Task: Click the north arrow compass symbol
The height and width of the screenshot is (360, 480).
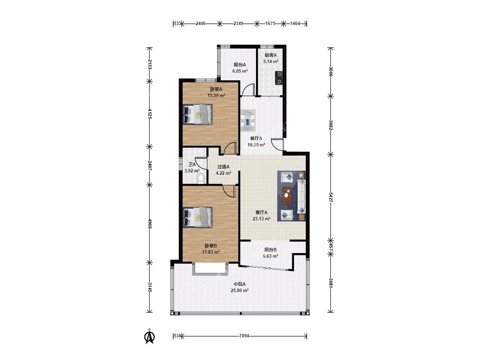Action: coord(150,336)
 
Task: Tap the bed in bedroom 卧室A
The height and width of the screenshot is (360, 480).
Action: coord(198,114)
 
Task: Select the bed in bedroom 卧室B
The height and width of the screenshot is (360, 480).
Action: coord(198,218)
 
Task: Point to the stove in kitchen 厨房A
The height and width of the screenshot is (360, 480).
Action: coord(279,78)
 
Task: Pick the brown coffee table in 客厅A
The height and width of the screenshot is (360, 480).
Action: coord(287,196)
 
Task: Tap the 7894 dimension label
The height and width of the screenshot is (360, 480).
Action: coord(244,336)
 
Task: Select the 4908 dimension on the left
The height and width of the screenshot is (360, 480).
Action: coord(149,224)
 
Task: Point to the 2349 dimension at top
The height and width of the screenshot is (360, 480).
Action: coord(238,23)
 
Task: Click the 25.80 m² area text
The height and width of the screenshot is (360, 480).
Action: coord(239,290)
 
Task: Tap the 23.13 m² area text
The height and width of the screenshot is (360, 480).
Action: coord(261,219)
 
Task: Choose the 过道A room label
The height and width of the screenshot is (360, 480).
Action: coord(224,167)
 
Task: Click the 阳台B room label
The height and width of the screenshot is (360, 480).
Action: coord(271,250)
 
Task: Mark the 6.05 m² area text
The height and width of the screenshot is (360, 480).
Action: coord(240,71)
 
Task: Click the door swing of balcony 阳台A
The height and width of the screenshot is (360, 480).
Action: coord(249,90)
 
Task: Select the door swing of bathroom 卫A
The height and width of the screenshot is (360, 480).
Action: coord(201,162)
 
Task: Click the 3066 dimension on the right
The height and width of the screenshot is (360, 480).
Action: coord(331,71)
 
